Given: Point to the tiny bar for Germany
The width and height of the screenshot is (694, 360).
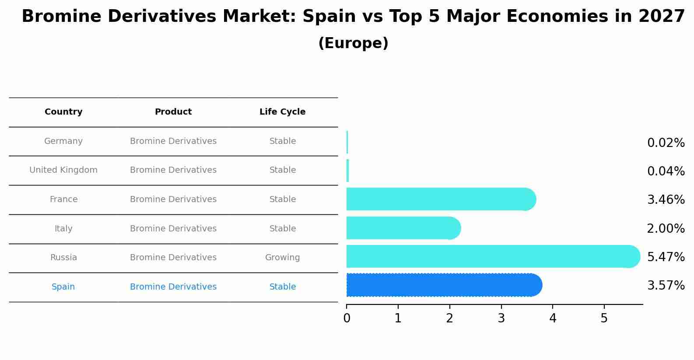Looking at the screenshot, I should coord(347,142).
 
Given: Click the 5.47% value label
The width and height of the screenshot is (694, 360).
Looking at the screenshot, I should coord(666,257).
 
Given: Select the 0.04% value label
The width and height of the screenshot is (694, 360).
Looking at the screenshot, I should coord(666,171).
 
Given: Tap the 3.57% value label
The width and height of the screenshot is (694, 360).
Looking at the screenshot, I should coord(666,286).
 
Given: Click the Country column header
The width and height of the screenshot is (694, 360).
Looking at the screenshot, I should coord(63,112).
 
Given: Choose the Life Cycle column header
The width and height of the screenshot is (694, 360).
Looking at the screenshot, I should coord(282,112).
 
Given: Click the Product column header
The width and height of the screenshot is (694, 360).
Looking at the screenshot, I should coord(173,112).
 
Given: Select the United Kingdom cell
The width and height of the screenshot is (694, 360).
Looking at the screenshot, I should coord(63,170).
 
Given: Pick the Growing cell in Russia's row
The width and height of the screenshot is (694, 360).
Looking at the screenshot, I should coord(282,258).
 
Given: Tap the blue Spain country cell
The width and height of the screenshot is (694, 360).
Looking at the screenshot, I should coord(63,287).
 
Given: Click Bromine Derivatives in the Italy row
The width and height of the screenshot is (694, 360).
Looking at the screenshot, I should coord(173,229).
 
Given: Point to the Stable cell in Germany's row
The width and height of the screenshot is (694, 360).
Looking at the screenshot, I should coord(282,141).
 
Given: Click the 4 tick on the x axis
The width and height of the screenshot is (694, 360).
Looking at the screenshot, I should coord(553,318).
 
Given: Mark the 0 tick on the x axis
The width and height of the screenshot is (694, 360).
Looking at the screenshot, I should coord(347,318).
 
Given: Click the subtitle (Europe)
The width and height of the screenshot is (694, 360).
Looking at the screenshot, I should coord(353,43).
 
